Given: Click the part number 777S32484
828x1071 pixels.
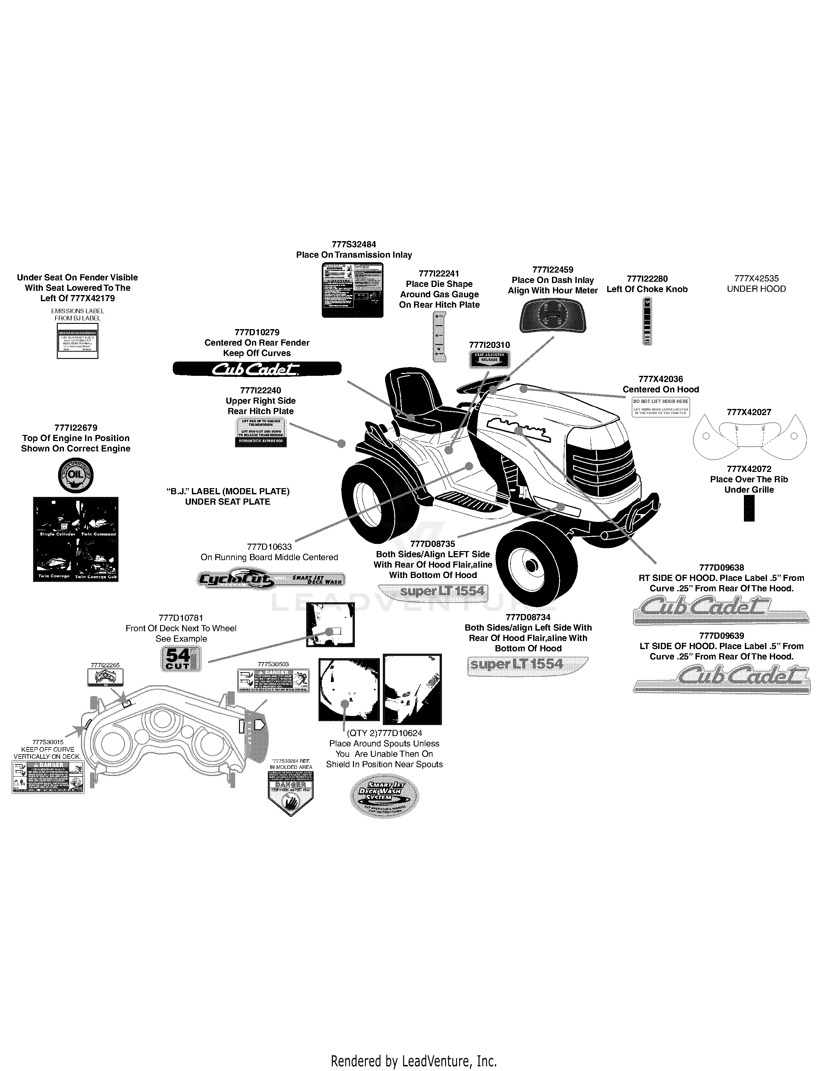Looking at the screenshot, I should click(354, 244).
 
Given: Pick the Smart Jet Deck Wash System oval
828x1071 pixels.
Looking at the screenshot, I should click(384, 796).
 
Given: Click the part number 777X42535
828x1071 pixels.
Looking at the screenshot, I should click(756, 278).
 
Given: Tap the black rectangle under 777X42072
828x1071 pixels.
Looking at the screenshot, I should click(748, 508).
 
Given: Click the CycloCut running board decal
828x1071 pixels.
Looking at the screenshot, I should click(271, 580).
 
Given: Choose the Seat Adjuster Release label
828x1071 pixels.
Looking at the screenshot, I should click(489, 360).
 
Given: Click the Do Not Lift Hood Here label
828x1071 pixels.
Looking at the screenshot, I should click(660, 407).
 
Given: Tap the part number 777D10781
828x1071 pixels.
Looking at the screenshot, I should click(181, 618).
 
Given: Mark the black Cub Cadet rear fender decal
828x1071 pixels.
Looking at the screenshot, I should click(257, 369).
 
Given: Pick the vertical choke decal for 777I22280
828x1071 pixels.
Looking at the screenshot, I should click(647, 322).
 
